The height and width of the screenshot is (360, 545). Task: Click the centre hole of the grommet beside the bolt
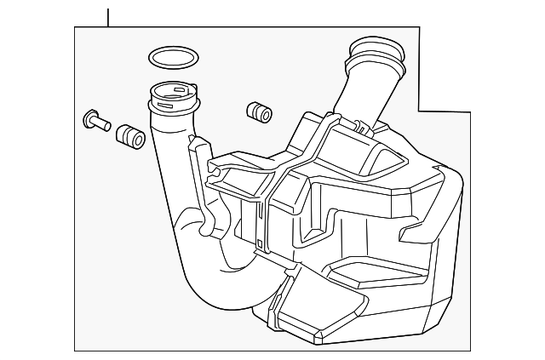click(x=123, y=132)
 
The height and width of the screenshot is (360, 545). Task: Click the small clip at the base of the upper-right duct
click(x=364, y=129)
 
